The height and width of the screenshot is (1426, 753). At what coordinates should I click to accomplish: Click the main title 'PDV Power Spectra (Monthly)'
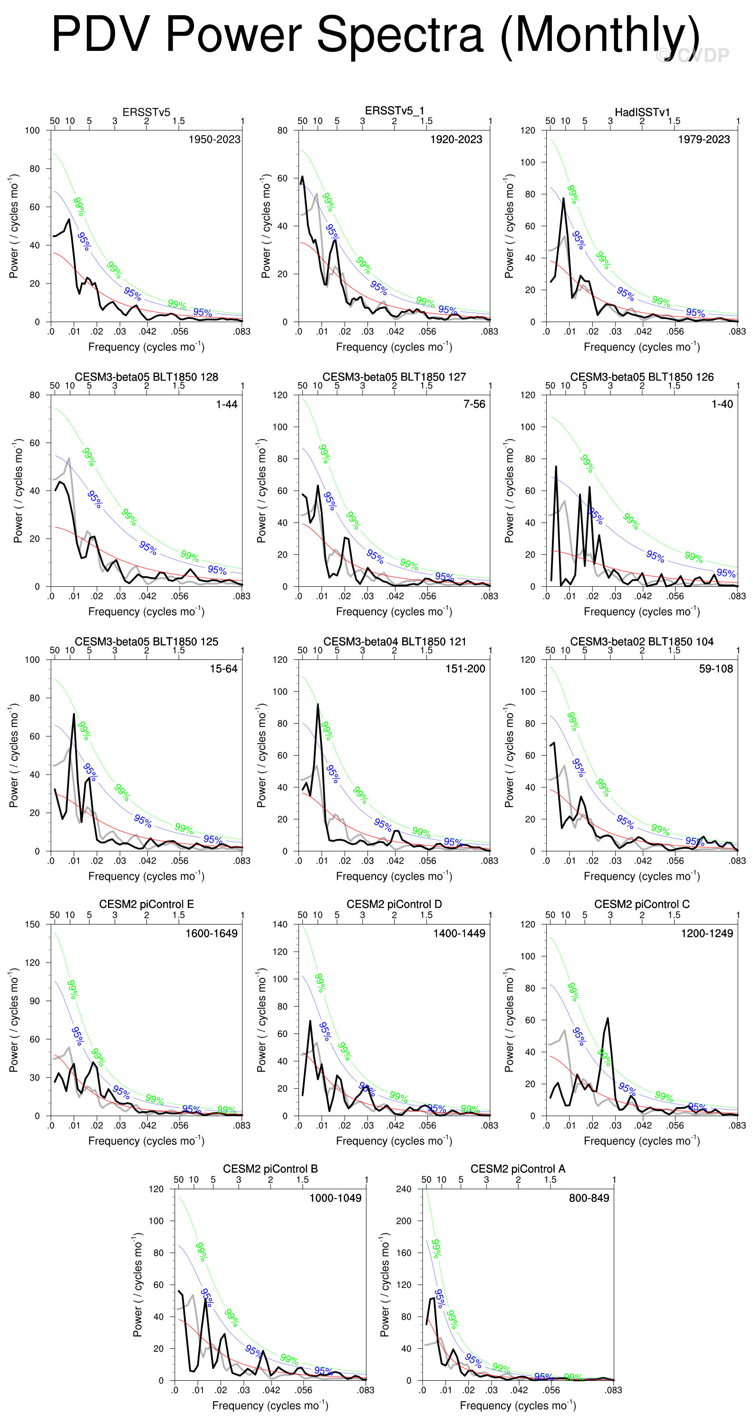[x=375, y=34]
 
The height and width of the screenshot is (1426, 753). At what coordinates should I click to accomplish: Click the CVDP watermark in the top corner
[x=693, y=55]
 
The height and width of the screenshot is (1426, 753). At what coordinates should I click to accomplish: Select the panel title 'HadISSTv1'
[x=642, y=112]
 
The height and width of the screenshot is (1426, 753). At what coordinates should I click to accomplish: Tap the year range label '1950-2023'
[x=214, y=139]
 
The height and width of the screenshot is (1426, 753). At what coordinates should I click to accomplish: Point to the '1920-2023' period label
[x=456, y=139]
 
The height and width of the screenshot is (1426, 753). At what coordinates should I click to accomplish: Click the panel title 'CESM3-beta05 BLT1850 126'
[x=642, y=377]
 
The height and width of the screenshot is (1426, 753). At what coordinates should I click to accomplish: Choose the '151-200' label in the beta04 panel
[x=465, y=669]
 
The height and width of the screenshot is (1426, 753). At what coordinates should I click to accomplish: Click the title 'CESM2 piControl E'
[x=146, y=904]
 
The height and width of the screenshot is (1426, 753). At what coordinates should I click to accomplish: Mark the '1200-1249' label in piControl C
[x=706, y=934]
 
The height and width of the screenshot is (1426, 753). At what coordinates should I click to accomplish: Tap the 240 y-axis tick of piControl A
[x=404, y=1189]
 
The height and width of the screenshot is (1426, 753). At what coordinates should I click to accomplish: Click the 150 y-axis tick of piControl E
[x=33, y=924]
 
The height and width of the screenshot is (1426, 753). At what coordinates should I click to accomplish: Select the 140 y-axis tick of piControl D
[x=280, y=924]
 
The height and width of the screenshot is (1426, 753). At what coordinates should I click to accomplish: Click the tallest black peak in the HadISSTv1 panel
[x=564, y=199]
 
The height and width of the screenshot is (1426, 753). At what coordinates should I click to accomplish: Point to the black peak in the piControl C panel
[x=608, y=1019]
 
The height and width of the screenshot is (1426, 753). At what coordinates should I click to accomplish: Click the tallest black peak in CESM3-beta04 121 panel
[x=318, y=705]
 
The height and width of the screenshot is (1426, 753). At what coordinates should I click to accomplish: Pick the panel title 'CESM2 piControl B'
[x=270, y=1169]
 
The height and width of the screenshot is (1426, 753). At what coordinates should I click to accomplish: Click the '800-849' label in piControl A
[x=589, y=1198]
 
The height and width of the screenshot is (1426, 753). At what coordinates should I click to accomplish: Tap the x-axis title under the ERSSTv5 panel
[x=146, y=347]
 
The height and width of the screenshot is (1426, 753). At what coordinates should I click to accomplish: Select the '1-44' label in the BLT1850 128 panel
[x=226, y=404]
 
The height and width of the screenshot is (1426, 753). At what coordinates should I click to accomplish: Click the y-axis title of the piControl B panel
[x=138, y=1284]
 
